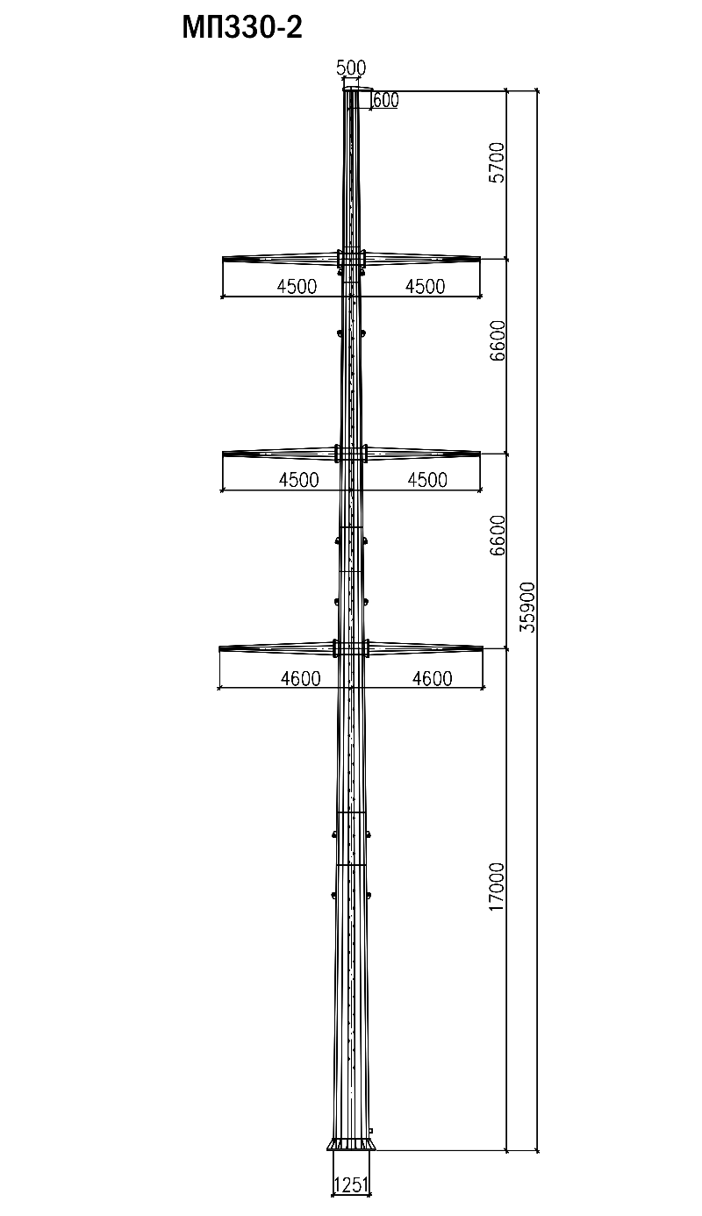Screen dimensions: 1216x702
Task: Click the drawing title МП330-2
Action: coord(242,28)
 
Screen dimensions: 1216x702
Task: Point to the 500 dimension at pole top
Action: coord(352,68)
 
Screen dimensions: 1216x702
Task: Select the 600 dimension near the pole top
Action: coord(385,100)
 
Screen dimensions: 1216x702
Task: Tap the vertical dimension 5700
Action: coord(497,161)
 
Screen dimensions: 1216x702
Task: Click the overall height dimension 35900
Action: coord(526,605)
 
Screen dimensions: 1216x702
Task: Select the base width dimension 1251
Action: coord(351,1185)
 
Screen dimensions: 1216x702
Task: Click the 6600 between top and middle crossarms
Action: coord(497,340)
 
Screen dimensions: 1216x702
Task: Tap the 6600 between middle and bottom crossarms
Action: coord(497,535)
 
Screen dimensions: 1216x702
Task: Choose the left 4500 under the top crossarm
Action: coord(297,287)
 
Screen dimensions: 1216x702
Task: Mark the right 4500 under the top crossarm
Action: coord(425,287)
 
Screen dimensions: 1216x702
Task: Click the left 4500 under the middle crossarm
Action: coord(297,480)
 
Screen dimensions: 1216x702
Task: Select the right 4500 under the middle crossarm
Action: coord(427,480)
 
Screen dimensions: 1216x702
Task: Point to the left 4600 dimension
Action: coord(300,678)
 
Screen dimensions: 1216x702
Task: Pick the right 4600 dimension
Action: coord(432,678)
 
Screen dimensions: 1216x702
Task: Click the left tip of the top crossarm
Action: coord(225,258)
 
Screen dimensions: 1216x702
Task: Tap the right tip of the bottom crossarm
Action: coord(481,648)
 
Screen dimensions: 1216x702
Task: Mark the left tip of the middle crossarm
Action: coord(225,453)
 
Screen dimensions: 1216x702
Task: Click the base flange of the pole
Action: coord(351,1144)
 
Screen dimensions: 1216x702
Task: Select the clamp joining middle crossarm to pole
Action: coord(351,454)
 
